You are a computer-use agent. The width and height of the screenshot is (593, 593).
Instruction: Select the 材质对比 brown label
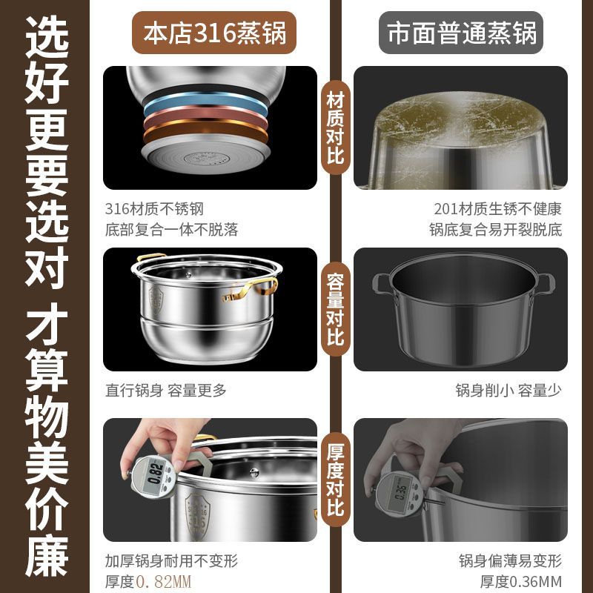[x=335, y=126]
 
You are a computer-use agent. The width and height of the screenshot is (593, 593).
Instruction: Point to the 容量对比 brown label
[x=335, y=310]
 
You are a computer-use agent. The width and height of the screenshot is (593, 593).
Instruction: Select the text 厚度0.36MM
[x=521, y=580]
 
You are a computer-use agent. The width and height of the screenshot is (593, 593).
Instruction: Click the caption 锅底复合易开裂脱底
[x=495, y=229]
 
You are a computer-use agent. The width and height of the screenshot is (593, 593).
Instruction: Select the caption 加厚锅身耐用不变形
[x=172, y=560]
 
